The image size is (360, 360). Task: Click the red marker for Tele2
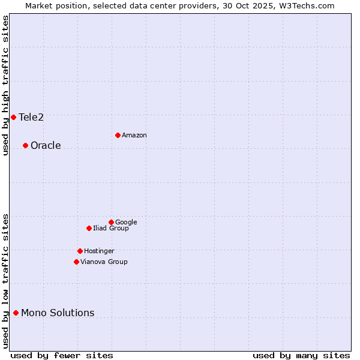(x=13, y=117)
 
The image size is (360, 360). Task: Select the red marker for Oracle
(x=25, y=145)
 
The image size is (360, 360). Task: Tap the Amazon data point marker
(x=118, y=135)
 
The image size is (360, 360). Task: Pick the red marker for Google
(x=111, y=222)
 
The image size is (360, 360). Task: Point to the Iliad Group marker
(x=89, y=228)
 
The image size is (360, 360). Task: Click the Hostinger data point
(x=80, y=251)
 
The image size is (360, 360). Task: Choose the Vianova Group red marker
(x=76, y=262)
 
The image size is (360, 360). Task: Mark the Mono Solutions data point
(x=16, y=313)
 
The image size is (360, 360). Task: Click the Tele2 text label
(x=31, y=117)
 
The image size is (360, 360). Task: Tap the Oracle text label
(x=46, y=145)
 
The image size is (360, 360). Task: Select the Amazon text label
(x=134, y=135)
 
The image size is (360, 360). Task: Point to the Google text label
(x=126, y=222)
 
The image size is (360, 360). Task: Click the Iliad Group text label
(x=110, y=228)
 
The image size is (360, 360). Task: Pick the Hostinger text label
(x=99, y=251)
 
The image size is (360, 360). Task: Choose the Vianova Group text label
(x=104, y=262)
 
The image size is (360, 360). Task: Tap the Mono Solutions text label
(x=58, y=313)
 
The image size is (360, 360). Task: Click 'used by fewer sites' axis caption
(x=62, y=355)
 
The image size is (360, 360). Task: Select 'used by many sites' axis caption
(x=301, y=355)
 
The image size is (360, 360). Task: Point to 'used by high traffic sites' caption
(x=5, y=85)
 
